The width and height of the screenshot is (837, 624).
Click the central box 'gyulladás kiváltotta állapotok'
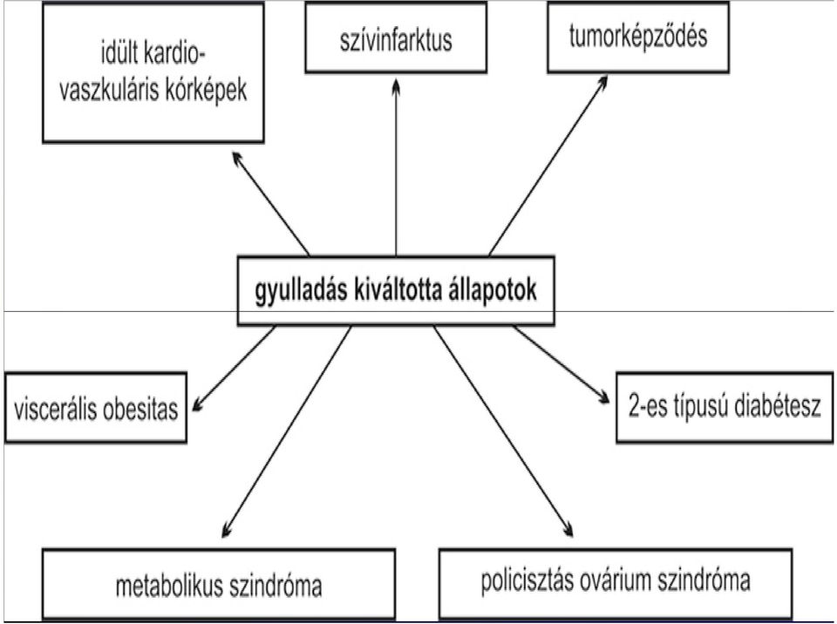click(x=396, y=291)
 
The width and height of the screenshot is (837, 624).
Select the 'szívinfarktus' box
click(x=396, y=37)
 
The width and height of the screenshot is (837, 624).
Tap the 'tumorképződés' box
click(x=638, y=37)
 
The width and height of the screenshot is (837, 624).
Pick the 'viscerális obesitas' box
click(x=96, y=408)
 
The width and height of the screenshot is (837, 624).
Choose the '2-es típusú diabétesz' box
click(x=725, y=408)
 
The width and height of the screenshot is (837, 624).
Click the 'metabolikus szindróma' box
click(x=219, y=584)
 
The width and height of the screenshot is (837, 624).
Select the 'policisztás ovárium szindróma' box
click(x=616, y=584)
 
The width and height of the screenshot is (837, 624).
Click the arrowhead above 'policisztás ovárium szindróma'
click(x=568, y=529)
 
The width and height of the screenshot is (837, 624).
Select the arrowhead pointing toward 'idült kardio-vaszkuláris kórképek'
click(x=237, y=159)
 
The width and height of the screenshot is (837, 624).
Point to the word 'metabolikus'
click(x=168, y=586)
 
